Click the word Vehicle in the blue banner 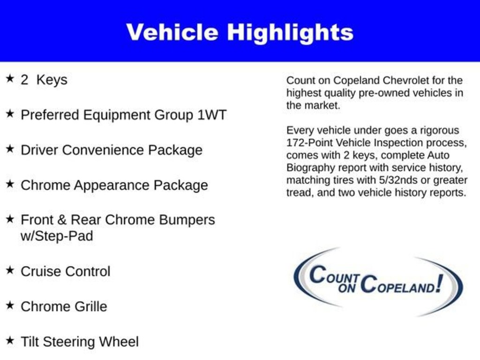[x=172, y=32]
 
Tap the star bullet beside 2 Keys [x=10, y=78]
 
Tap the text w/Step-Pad [x=57, y=236]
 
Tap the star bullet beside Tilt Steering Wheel [x=10, y=340]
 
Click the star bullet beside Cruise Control [x=10, y=270]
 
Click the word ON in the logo [x=347, y=288]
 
